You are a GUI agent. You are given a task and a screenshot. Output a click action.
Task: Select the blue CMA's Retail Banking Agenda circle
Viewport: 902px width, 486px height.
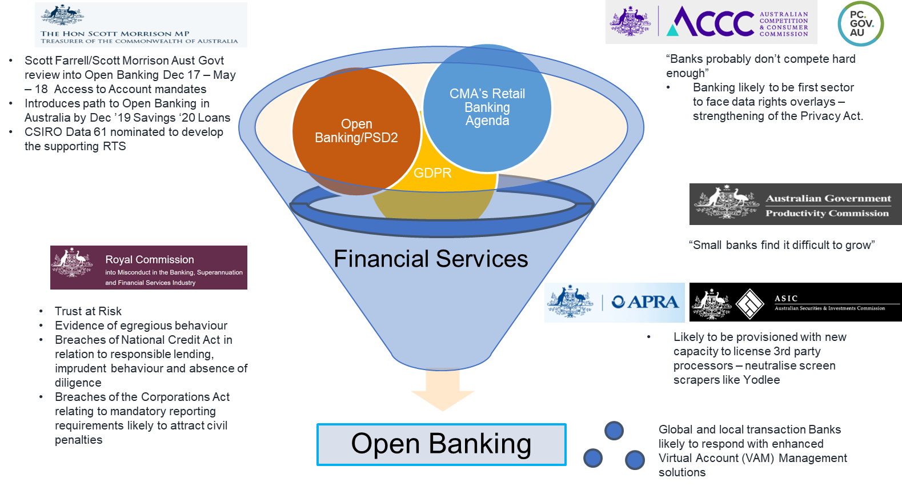pos(487,107)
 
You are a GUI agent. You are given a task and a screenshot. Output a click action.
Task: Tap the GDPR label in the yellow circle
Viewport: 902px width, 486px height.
pos(432,173)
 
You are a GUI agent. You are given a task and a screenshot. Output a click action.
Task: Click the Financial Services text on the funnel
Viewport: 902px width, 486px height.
pos(431,259)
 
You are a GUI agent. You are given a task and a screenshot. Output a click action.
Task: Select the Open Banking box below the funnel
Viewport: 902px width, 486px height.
pos(441,444)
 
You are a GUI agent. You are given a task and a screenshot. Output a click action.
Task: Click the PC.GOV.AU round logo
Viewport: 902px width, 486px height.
pos(860,24)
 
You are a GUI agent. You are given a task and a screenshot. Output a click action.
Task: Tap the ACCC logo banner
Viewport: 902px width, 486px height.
pos(711,22)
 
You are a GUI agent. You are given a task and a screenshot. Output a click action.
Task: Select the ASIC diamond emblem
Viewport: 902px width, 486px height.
pos(749,303)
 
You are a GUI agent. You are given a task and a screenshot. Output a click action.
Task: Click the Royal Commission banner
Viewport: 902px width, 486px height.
pos(149,267)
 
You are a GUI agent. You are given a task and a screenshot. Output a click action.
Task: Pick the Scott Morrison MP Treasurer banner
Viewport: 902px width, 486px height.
pos(141,25)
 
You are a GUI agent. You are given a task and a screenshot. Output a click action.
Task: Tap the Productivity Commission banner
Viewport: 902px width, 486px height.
pos(795,204)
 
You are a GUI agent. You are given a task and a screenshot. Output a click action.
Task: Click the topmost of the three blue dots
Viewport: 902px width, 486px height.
pos(614,431)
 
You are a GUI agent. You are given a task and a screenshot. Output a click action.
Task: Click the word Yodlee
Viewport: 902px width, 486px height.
pos(761,380)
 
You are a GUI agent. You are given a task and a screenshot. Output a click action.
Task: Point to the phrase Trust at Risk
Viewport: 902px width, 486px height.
pos(88,311)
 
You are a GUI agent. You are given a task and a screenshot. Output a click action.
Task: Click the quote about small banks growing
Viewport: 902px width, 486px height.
pos(781,245)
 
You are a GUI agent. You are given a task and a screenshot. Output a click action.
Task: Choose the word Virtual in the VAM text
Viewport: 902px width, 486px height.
pos(678,458)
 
